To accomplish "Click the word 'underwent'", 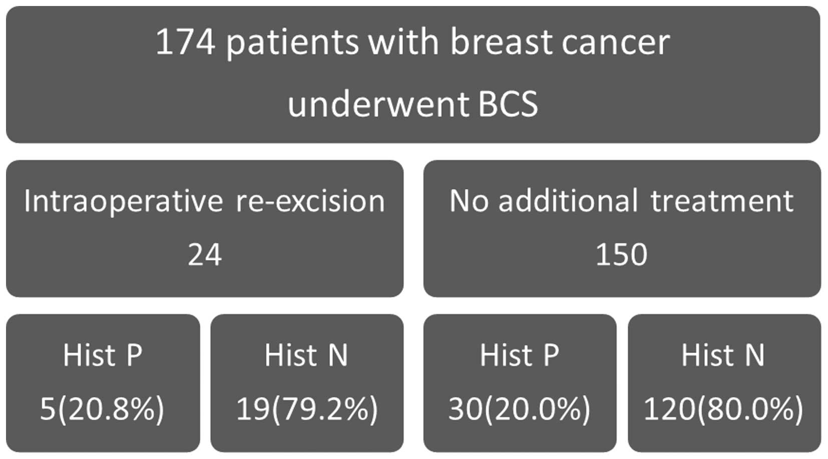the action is click(x=377, y=104).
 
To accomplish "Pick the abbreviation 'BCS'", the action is click(x=508, y=104).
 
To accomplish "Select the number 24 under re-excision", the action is click(x=205, y=254).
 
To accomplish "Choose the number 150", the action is click(x=622, y=254).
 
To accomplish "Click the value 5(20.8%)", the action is click(x=102, y=409).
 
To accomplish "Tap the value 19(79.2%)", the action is click(x=307, y=409).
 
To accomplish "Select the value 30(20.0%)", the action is click(x=519, y=409).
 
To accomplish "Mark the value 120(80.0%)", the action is click(x=723, y=409).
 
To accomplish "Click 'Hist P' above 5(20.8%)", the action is click(x=103, y=355).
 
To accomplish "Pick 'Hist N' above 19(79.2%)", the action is click(x=306, y=355).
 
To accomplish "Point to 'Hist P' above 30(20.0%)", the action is click(x=519, y=355).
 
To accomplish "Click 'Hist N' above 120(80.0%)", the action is click(x=723, y=355).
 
